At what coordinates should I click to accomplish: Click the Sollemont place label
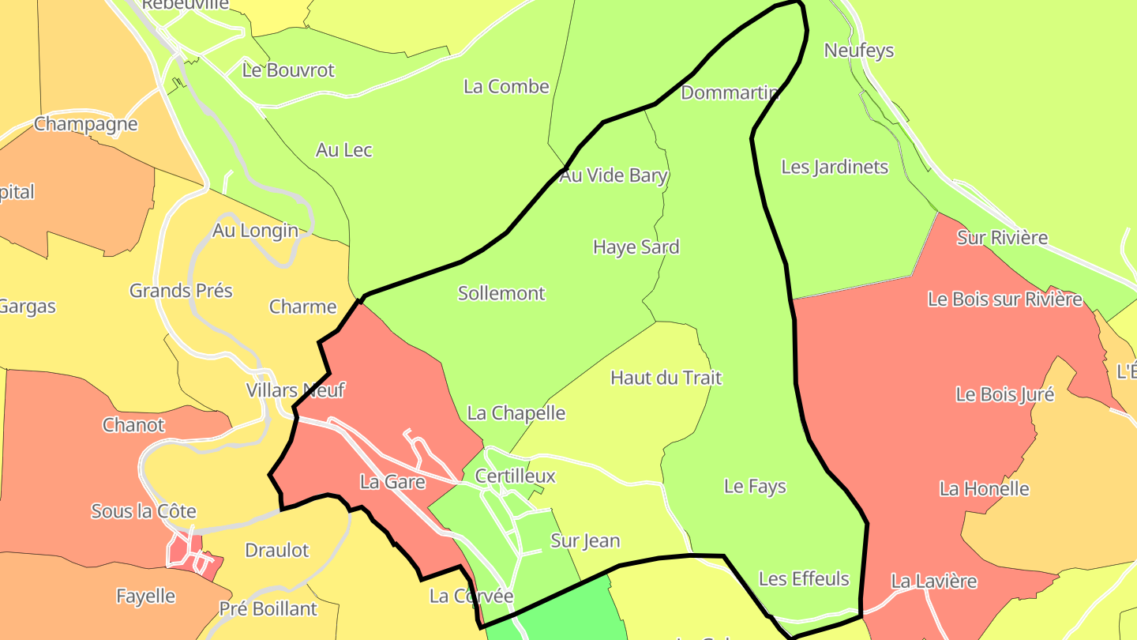(x=501, y=293)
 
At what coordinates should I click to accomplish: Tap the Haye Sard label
(x=636, y=247)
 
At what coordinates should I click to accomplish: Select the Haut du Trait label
(x=666, y=378)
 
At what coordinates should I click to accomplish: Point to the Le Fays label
(x=755, y=486)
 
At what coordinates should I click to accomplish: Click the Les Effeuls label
(x=803, y=578)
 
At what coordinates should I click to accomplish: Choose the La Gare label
(x=392, y=481)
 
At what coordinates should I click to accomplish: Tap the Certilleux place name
(x=515, y=476)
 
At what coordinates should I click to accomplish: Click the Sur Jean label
(x=584, y=541)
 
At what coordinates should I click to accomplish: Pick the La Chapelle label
(x=516, y=412)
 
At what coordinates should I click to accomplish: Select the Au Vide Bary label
(x=614, y=175)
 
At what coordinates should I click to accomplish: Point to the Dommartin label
(x=730, y=92)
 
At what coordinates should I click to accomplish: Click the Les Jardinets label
(x=834, y=167)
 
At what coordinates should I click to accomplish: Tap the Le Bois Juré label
(x=1004, y=394)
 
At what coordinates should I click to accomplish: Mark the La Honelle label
(x=984, y=488)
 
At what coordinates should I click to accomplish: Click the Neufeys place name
(x=858, y=51)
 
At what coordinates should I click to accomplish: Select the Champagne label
(x=85, y=124)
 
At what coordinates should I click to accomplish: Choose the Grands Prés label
(x=181, y=291)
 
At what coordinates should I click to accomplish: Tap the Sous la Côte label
(x=144, y=511)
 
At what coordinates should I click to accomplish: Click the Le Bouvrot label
(x=288, y=70)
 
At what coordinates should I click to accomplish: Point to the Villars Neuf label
(x=295, y=390)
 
